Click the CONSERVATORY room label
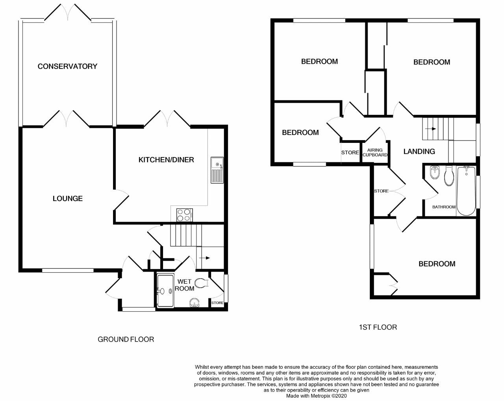(x=67, y=66)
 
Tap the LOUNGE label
(x=68, y=198)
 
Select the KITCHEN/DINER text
(x=166, y=159)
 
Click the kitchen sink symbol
(x=217, y=170)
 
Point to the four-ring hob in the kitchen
(x=184, y=215)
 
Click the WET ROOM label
(x=184, y=285)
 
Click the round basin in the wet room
(x=194, y=302)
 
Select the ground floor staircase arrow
(x=205, y=258)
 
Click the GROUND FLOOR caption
(x=126, y=339)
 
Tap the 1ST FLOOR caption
(x=378, y=327)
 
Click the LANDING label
(x=419, y=151)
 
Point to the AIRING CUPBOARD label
(x=375, y=153)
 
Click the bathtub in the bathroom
(x=466, y=190)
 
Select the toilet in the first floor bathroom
(x=449, y=176)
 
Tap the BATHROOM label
(x=444, y=207)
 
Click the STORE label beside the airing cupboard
(x=350, y=153)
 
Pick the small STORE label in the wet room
(x=217, y=303)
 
